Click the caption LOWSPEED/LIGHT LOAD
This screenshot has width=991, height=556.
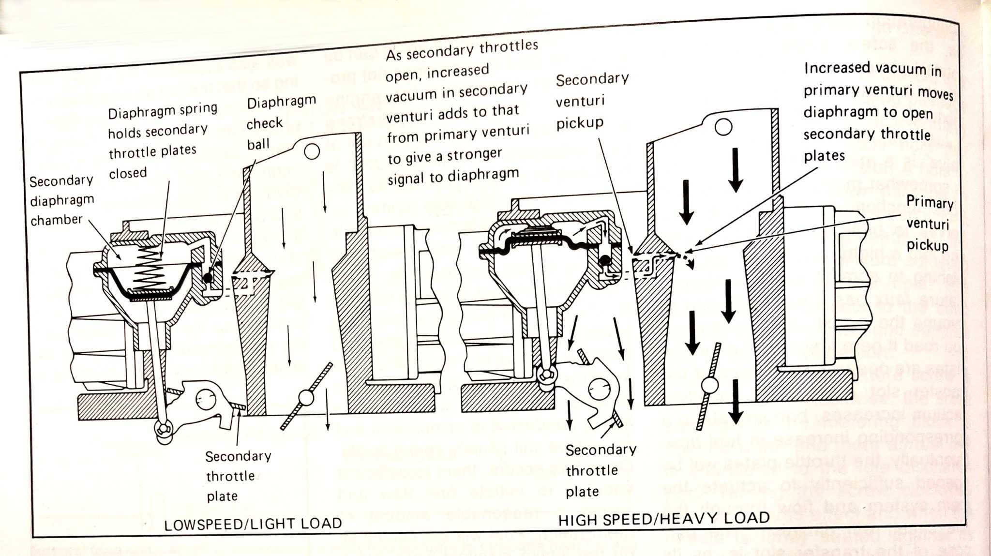pos(253,524)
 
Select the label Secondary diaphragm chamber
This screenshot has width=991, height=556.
pos(61,200)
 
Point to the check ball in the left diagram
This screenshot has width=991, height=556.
pos(208,277)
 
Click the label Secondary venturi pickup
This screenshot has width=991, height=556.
pos(591,101)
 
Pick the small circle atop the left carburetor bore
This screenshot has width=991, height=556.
pos(312,152)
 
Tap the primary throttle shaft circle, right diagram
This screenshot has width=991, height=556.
pos(710,386)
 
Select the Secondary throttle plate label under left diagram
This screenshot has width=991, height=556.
pos(237,476)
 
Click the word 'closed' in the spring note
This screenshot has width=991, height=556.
pos(127,173)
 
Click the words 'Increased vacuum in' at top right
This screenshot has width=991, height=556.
pos(872,69)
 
